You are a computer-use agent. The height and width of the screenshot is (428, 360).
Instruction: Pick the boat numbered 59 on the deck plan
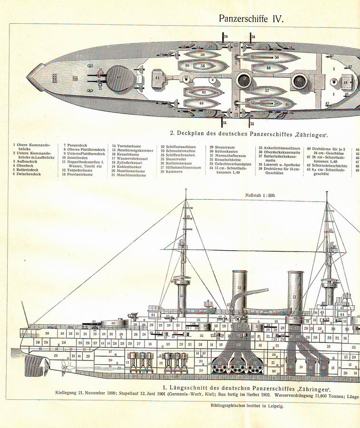coord(203,54)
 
